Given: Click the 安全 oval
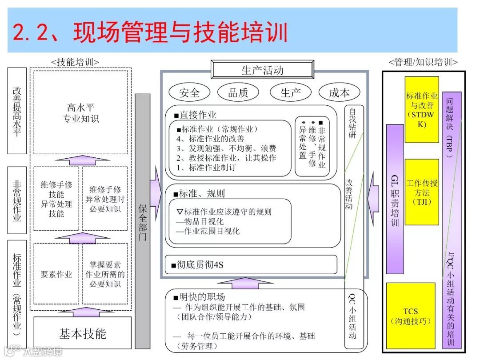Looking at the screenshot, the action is click(189, 92).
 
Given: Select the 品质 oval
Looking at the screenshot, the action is click(238, 92).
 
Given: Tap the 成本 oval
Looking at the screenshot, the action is click(339, 92).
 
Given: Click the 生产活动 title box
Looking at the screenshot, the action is click(262, 70).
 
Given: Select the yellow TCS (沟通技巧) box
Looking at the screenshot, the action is click(411, 316).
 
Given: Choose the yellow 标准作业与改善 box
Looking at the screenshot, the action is click(422, 109).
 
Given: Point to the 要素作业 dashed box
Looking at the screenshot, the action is click(56, 274).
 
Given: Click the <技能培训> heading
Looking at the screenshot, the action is click(75, 62).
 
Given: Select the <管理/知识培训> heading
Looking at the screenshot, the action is click(423, 62).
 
